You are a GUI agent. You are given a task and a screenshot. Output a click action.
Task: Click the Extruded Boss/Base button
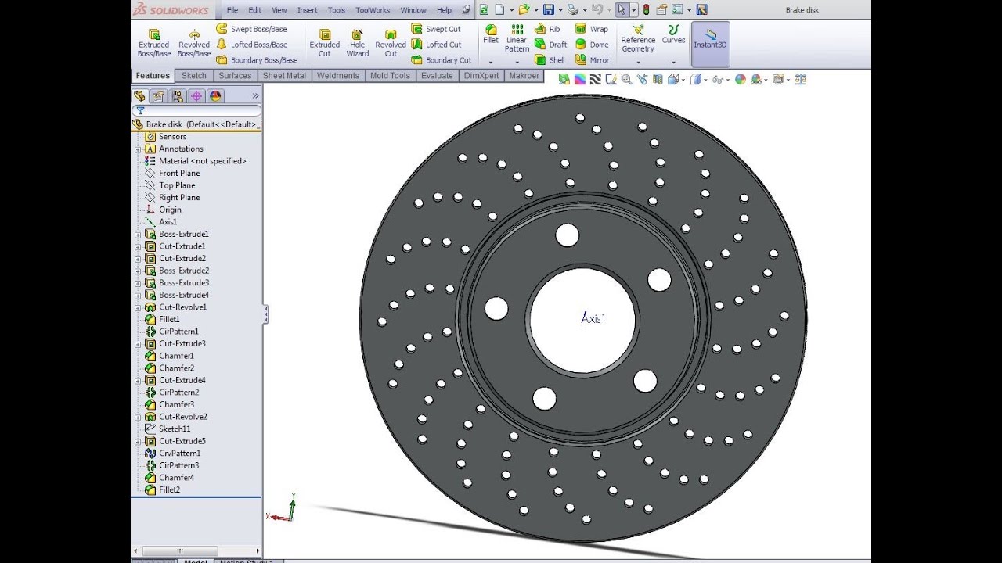click(x=154, y=43)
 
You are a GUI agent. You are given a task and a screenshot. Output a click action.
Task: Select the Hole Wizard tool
click(x=358, y=43)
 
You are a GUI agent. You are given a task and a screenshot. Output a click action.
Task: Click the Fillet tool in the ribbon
click(x=491, y=34)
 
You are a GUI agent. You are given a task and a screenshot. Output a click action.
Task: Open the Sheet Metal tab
click(x=284, y=76)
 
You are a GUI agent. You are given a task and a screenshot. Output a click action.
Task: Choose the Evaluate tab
click(x=437, y=76)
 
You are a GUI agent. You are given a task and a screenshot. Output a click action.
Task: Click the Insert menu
click(x=308, y=10)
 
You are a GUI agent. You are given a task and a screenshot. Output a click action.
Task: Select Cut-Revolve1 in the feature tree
click(x=182, y=307)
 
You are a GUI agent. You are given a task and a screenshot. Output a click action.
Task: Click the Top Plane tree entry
click(x=177, y=185)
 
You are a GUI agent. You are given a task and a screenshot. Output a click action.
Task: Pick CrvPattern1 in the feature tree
click(x=179, y=454)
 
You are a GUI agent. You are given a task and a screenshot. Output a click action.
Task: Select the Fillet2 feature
click(x=169, y=489)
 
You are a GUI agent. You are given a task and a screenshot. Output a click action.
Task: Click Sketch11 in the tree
click(x=175, y=429)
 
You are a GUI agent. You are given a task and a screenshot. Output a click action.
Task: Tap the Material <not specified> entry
click(x=202, y=161)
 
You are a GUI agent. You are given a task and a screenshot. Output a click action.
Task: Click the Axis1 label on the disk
click(x=593, y=318)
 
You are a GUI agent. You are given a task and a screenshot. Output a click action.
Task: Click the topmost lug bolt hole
click(x=568, y=235)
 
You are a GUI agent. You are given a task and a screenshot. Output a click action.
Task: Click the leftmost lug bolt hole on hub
click(x=496, y=308)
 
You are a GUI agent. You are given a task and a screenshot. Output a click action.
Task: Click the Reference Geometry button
click(x=638, y=39)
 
